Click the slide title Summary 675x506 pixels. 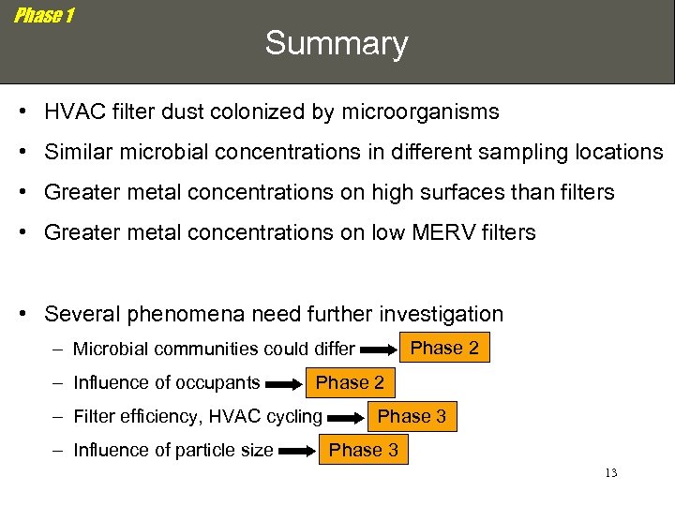click(x=337, y=43)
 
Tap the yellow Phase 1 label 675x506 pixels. click(x=44, y=16)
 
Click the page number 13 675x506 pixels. click(x=610, y=473)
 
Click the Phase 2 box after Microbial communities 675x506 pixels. click(x=444, y=349)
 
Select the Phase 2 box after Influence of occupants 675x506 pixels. click(x=350, y=382)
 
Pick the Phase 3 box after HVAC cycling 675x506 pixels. click(x=412, y=416)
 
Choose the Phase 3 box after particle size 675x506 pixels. click(x=363, y=450)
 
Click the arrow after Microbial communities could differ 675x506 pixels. click(x=380, y=350)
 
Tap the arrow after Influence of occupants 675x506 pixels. click(x=285, y=384)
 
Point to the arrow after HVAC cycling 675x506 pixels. click(x=347, y=418)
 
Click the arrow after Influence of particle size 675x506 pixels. click(x=298, y=452)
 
